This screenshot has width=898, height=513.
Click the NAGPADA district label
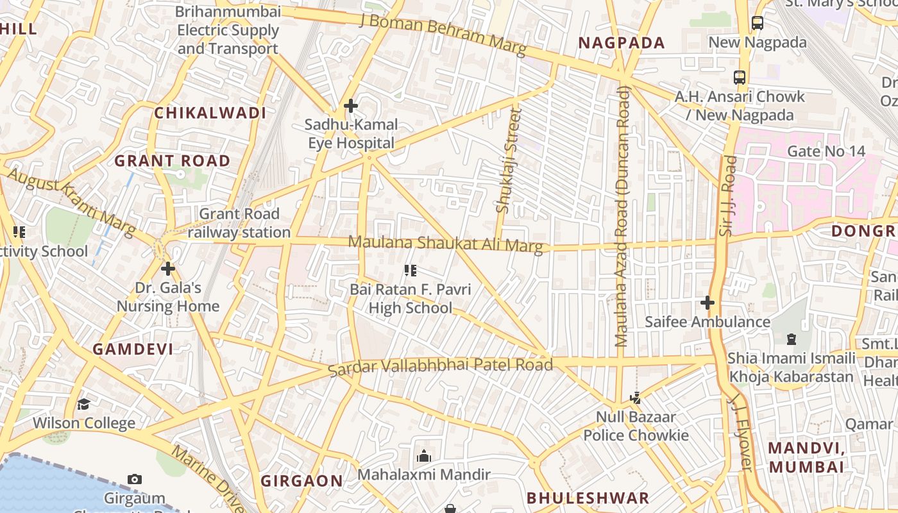pos(622,43)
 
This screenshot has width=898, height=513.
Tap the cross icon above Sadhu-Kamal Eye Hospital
pos(350,106)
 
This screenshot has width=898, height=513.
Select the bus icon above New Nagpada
pos(757,23)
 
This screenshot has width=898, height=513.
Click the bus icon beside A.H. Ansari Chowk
pos(739,78)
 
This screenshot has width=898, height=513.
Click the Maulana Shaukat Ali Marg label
pos(445,244)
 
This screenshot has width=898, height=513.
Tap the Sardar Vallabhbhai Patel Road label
pos(440,367)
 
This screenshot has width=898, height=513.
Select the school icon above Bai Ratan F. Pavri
pos(411,271)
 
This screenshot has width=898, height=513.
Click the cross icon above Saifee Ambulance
pos(707,302)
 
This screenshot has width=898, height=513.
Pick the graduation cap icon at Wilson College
pos(83,404)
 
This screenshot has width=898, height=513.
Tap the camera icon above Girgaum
pos(134,479)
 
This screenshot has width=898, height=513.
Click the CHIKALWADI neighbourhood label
pos(210,113)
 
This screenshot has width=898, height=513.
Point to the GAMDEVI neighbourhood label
pos(133,349)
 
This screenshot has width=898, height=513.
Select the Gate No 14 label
pos(826,151)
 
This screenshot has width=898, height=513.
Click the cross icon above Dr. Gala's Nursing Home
pos(167,269)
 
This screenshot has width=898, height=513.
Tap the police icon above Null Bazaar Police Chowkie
pos(635,398)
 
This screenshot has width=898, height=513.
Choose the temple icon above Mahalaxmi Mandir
pos(423,457)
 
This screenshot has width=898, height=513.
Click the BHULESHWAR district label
pos(588,498)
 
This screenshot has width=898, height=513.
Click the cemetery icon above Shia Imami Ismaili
pos(791,339)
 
